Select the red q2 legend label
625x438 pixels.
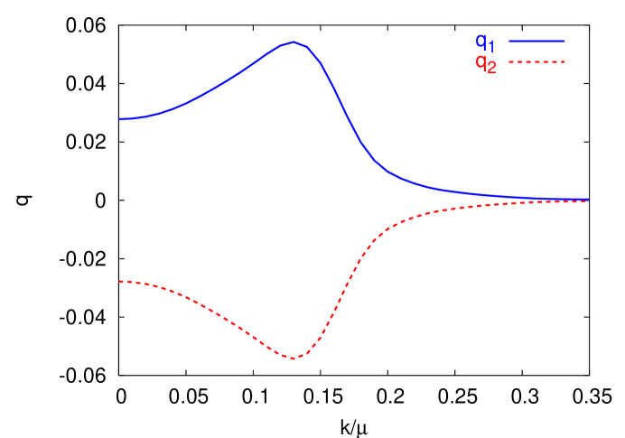click(486, 64)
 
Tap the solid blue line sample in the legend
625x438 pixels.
click(536, 41)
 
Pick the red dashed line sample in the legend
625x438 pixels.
click(536, 61)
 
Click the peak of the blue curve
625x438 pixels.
click(294, 42)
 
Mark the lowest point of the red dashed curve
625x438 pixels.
click(294, 359)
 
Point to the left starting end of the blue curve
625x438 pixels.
click(120, 119)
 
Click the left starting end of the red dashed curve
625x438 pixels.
click(120, 282)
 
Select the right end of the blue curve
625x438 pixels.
click(588, 200)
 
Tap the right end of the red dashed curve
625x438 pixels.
click(588, 201)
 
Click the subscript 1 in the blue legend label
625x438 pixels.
click(491, 46)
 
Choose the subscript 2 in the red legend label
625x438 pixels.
click(491, 68)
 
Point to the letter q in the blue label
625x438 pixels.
click(481, 41)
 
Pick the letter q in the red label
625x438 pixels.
click(481, 62)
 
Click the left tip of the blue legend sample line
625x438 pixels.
click(510, 41)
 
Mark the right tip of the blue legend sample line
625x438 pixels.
click(564, 41)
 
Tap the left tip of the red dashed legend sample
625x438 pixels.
click(510, 61)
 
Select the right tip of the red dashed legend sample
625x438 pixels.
click(564, 61)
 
